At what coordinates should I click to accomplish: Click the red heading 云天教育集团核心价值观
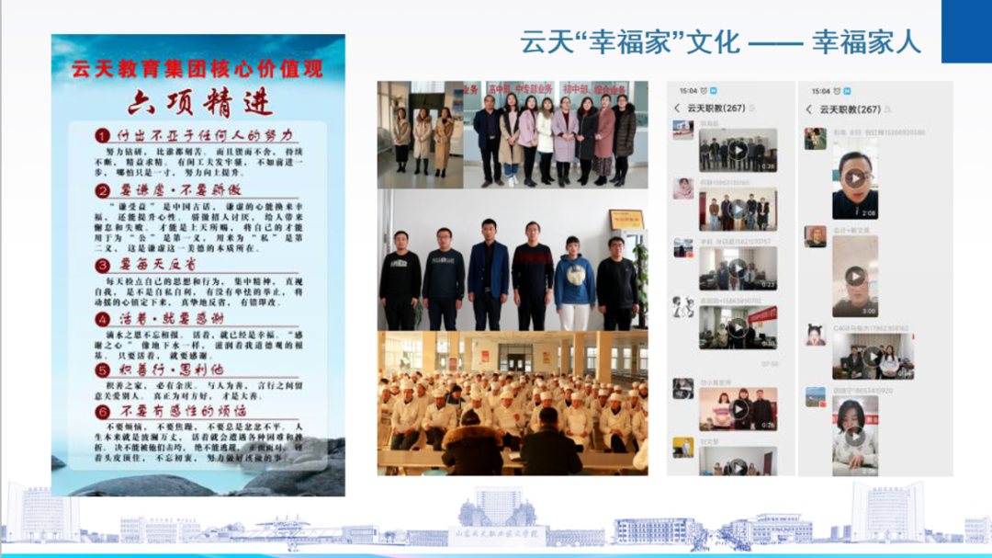197,67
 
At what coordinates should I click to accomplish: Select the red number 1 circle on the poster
103,136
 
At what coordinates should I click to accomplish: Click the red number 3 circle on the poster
103,266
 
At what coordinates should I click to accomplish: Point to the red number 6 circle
103,412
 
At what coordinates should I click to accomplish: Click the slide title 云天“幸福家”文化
629,42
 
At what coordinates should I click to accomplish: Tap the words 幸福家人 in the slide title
865,42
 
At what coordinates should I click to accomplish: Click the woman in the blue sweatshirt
574,280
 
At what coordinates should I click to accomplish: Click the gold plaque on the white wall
626,219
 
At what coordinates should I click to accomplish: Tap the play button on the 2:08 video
854,178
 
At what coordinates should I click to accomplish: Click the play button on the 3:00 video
854,276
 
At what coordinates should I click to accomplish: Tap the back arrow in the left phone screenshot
678,108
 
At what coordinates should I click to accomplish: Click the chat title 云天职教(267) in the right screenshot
850,109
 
